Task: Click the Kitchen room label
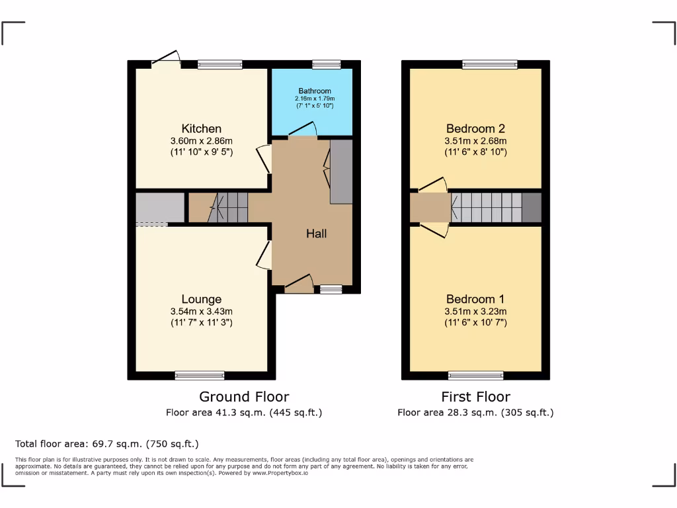tap(201, 128)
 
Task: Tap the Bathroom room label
tap(314, 91)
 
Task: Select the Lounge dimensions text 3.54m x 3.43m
tap(201, 312)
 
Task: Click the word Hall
tap(316, 233)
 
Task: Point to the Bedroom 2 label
tap(475, 128)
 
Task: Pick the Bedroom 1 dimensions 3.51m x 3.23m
tap(475, 312)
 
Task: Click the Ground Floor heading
tap(244, 397)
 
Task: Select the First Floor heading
tap(475, 397)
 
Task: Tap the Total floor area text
tap(107, 444)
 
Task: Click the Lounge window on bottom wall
tap(200, 376)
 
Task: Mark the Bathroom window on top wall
tap(326, 64)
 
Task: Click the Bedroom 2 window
tap(490, 64)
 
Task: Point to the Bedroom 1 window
tap(475, 376)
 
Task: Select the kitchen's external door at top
tap(167, 60)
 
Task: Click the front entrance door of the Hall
tap(299, 284)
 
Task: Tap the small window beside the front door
tap(331, 289)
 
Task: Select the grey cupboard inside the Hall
tap(341, 172)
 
